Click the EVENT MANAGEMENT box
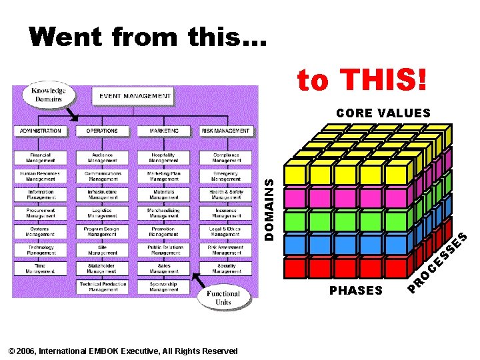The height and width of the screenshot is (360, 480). click(135, 96)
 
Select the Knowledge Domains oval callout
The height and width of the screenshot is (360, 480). click(45, 95)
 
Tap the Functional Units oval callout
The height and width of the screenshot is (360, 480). click(223, 298)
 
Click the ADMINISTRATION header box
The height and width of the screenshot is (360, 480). click(41, 131)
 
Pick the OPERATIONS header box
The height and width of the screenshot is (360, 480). click(102, 131)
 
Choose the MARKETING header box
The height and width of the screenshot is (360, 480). click(164, 131)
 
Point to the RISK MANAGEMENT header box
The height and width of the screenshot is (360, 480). click(226, 131)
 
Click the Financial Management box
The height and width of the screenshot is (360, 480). click(41, 158)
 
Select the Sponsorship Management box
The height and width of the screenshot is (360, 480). click(164, 287)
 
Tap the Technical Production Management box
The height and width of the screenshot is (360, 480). click(102, 287)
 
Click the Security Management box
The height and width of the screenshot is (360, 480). click(226, 269)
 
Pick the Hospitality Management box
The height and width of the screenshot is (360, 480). click(164, 158)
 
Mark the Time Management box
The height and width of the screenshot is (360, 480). click(41, 269)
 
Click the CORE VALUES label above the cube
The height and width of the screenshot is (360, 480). click(383, 113)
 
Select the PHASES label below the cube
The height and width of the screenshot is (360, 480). click(356, 291)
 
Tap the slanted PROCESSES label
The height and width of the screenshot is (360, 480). click(437, 263)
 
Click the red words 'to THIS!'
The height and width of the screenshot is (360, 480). click(361, 81)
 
